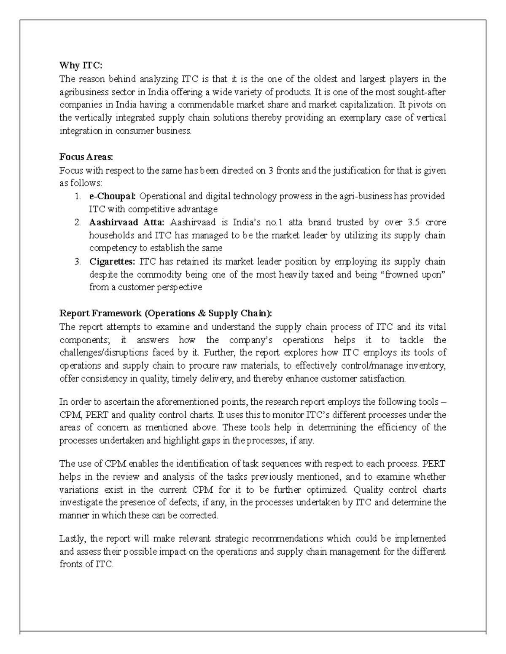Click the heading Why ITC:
81,66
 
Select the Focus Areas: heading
86,157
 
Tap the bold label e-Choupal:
113,196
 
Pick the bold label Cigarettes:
112,262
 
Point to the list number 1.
77,196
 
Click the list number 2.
77,222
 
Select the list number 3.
77,262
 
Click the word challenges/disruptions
104,352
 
